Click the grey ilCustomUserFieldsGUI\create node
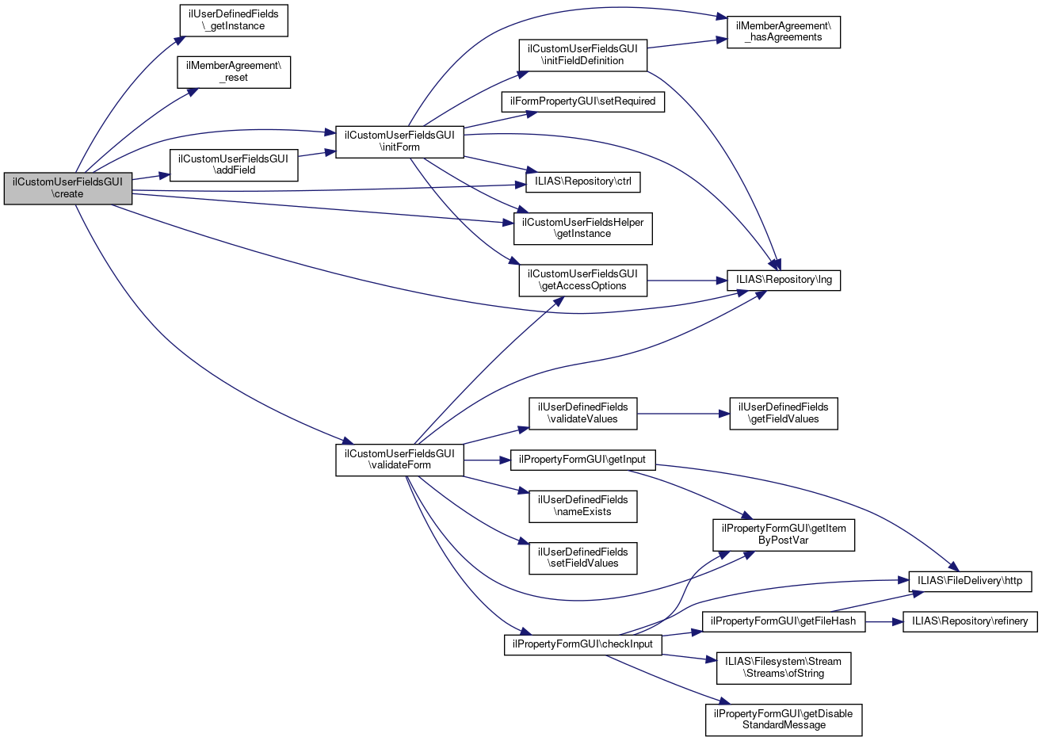pyautogui.click(x=67, y=188)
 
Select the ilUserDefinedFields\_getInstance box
pyautogui.click(x=233, y=20)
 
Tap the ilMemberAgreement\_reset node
pyautogui.click(x=234, y=72)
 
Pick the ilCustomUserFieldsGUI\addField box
pyautogui.click(x=234, y=164)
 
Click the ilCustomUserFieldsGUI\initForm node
pyautogui.click(x=399, y=141)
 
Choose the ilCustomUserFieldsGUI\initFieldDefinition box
pyautogui.click(x=582, y=55)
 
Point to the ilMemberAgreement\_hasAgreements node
pyautogui.click(x=784, y=32)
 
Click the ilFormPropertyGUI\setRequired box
pyautogui.click(x=582, y=101)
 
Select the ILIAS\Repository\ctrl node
pyautogui.click(x=582, y=181)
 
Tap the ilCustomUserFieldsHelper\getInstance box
pyautogui.click(x=582, y=228)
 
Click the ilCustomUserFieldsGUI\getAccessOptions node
pyautogui.click(x=582, y=280)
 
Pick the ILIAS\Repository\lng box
pyautogui.click(x=784, y=280)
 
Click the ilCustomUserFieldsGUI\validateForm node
pyautogui.click(x=399, y=460)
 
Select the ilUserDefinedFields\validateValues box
pyautogui.click(x=582, y=413)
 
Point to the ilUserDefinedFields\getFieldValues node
pyautogui.click(x=784, y=413)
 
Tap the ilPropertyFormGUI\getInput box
pyautogui.click(x=582, y=460)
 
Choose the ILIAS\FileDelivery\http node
pyautogui.click(x=969, y=581)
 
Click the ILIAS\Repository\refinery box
pyautogui.click(x=969, y=621)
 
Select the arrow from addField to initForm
pyautogui.click(x=317, y=153)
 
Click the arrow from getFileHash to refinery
pyautogui.click(x=884, y=621)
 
